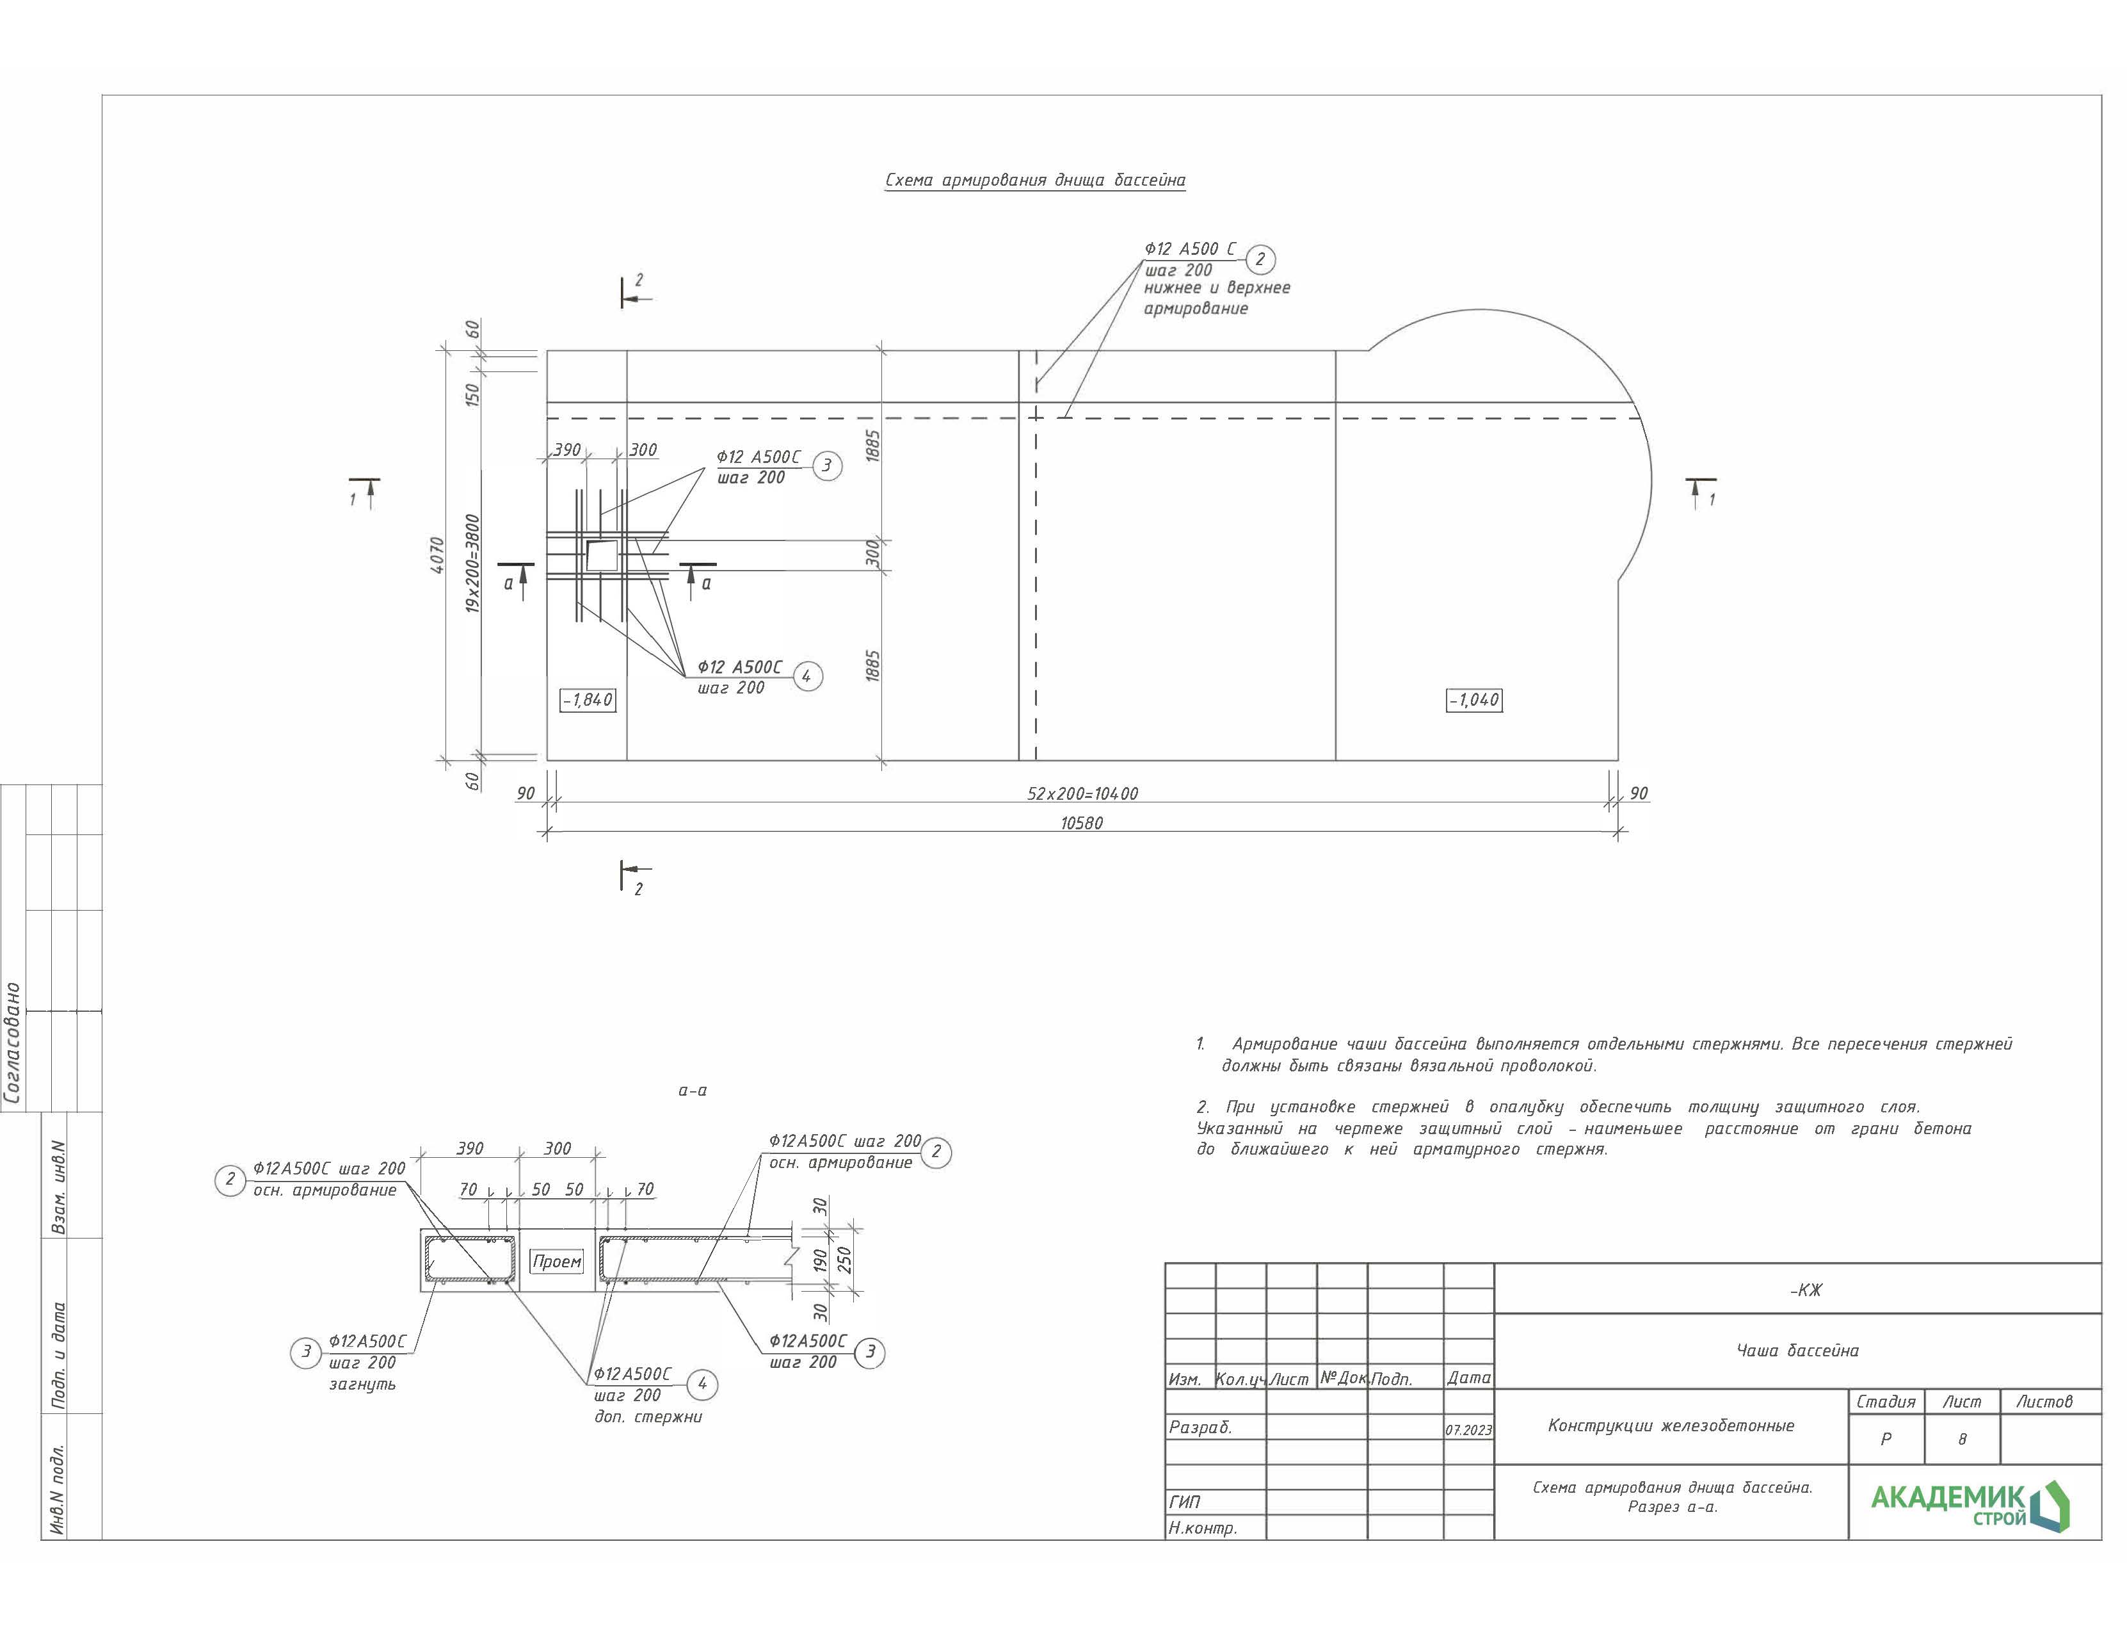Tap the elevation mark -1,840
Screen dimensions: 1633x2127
coord(587,700)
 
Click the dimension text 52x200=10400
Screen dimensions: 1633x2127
coord(1082,793)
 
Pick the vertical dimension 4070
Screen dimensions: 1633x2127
coord(437,555)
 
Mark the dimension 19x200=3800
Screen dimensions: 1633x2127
coord(472,563)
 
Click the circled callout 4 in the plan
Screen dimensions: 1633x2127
coord(807,676)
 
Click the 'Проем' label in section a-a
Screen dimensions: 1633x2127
coord(557,1262)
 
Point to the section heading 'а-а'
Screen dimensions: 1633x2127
coord(692,1091)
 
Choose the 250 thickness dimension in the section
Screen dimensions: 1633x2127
coord(844,1261)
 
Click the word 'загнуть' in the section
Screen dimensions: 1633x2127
coord(362,1383)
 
